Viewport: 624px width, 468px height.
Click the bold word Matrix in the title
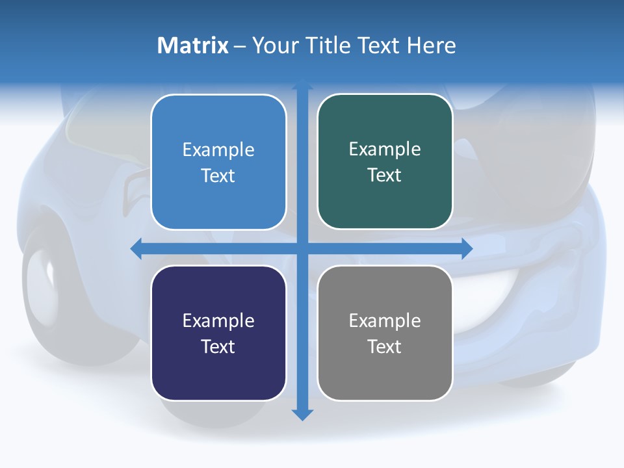[192, 45]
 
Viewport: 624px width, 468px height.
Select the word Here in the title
[431, 45]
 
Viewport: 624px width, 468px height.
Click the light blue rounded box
[218, 162]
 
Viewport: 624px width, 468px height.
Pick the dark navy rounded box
[218, 333]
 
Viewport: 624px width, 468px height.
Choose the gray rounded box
[385, 333]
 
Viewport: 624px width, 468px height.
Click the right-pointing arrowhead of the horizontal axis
[467, 249]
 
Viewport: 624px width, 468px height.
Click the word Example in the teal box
[385, 149]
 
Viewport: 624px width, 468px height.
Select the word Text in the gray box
[385, 346]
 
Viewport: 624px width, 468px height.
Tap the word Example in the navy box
[218, 320]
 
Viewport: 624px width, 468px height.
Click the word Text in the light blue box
[218, 175]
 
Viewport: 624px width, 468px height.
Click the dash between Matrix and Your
[240, 45]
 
